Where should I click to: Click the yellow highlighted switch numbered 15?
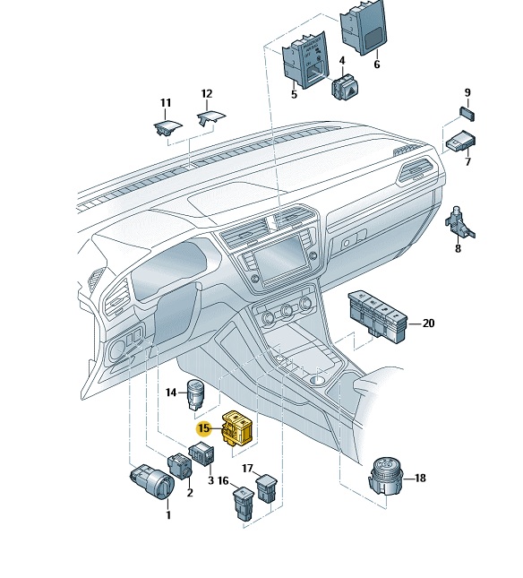236,427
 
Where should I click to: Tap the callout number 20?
428,324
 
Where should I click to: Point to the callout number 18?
420,479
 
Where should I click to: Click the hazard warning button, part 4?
346,88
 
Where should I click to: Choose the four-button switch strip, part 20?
378,316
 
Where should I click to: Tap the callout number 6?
376,65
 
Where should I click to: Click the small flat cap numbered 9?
467,114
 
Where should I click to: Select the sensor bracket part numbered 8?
459,222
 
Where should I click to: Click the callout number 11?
166,103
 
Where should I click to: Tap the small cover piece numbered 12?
211,118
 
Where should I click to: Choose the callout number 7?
467,161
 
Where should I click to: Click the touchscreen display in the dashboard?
280,260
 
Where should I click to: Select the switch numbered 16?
244,504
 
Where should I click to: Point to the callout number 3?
210,480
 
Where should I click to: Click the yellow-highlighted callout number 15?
203,428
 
